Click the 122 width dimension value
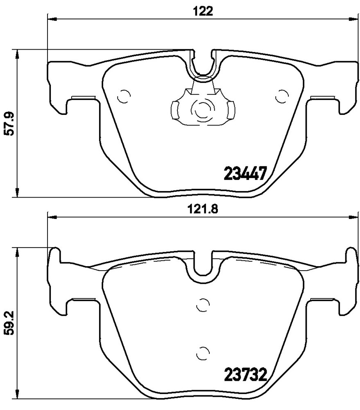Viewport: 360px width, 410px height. [x=203, y=11]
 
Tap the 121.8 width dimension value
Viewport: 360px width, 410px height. [x=202, y=209]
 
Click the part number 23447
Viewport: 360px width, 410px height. [x=245, y=173]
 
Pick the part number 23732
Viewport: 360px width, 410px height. [x=245, y=375]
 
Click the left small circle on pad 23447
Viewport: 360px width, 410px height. [x=124, y=96]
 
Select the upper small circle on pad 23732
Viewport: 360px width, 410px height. [x=203, y=305]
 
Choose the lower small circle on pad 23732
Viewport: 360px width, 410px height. [x=203, y=353]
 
